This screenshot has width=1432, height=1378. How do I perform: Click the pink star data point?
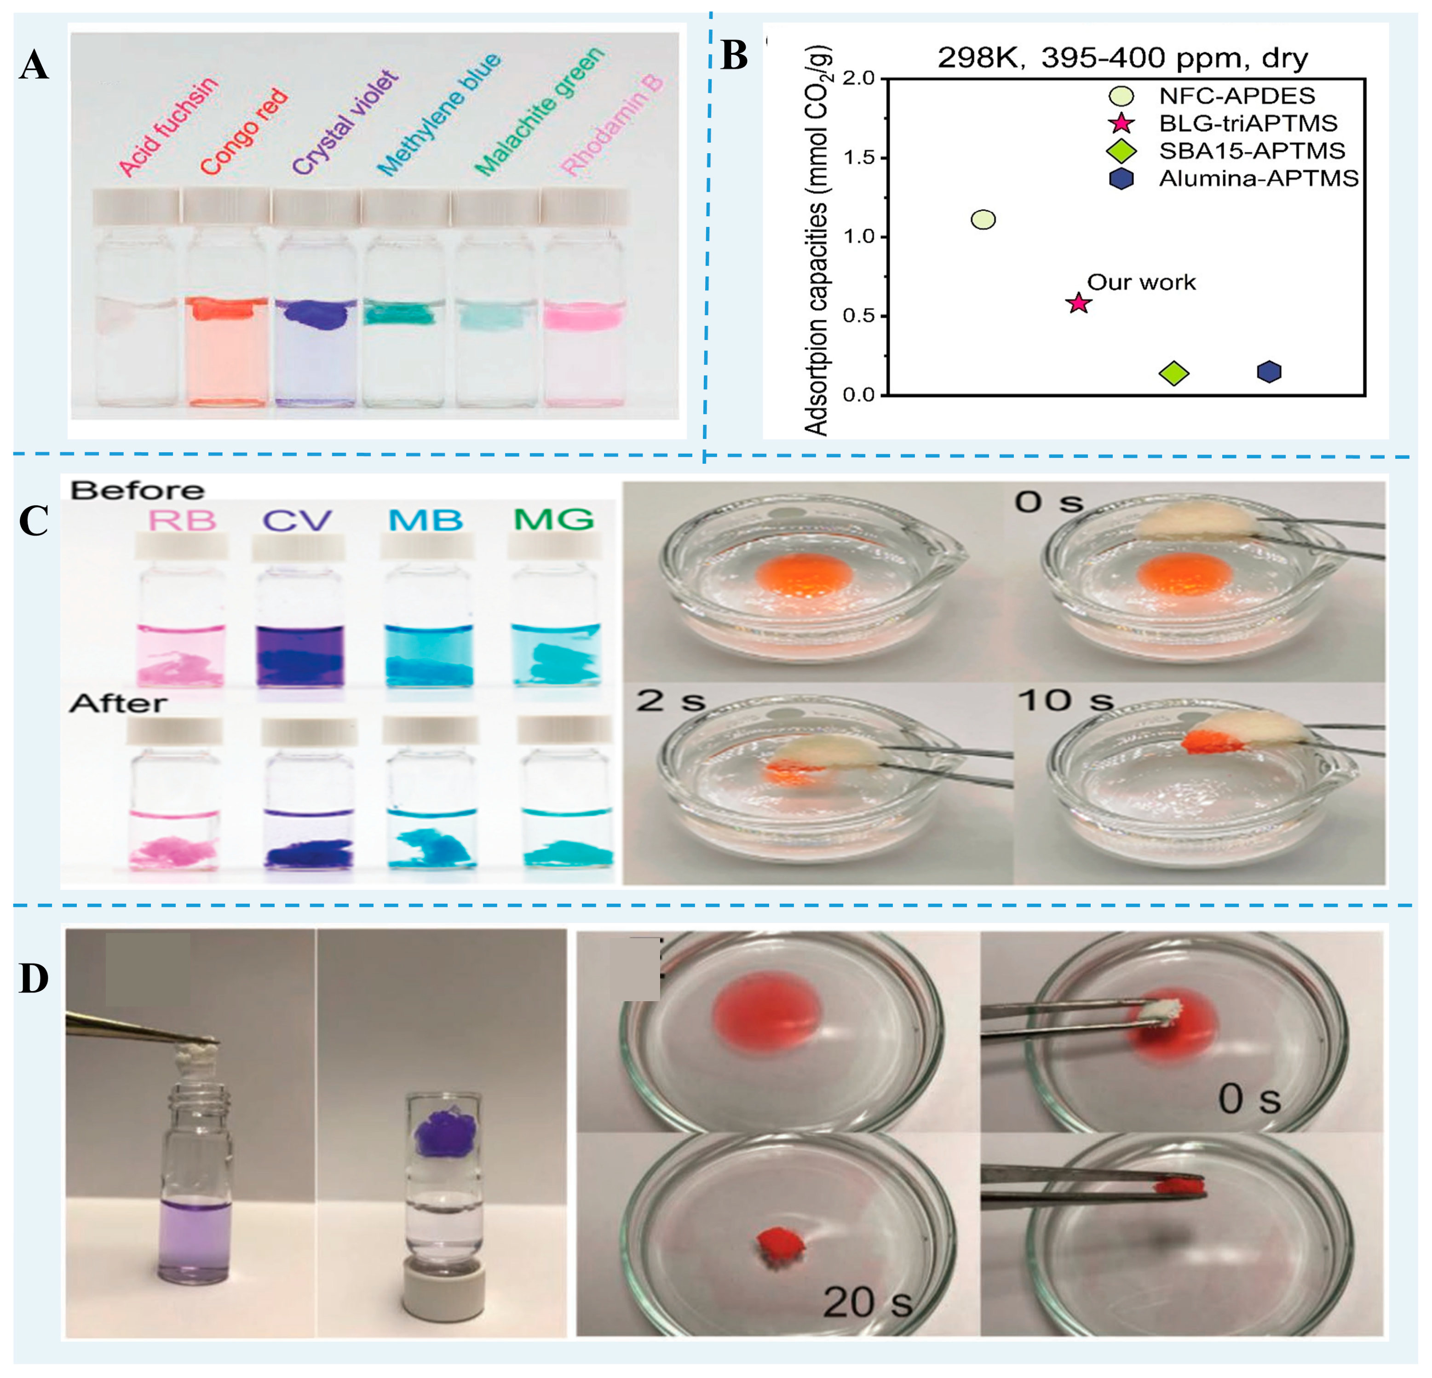[x=1078, y=302]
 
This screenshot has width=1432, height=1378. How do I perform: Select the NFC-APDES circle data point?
[x=983, y=219]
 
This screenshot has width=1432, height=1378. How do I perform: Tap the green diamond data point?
[x=1174, y=373]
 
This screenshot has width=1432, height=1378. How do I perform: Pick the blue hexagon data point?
[x=1269, y=372]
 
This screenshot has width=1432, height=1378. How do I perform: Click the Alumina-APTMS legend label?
[x=1258, y=178]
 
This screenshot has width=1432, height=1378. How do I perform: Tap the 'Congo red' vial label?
[x=244, y=132]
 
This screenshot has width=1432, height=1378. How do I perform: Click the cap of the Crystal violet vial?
[x=315, y=207]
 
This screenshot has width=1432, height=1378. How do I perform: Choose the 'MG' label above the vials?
[x=553, y=519]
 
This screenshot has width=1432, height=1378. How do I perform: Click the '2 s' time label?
[x=670, y=701]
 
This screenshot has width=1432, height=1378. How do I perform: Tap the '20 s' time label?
[x=867, y=1302]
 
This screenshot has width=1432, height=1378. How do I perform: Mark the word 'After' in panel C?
[x=118, y=703]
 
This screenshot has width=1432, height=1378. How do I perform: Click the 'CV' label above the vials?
[x=297, y=520]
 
